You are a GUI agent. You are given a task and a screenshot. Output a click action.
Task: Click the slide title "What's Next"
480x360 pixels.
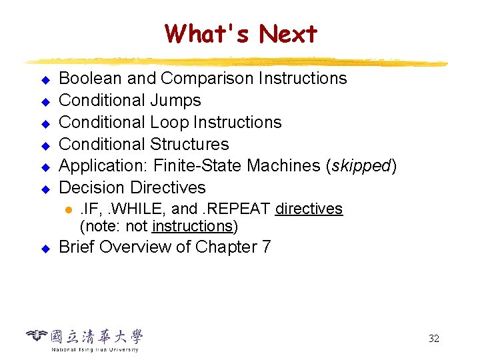click(x=241, y=33)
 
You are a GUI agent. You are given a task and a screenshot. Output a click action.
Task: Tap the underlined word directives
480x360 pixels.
click(x=309, y=209)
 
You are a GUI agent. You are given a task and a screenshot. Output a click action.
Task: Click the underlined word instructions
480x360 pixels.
click(x=192, y=226)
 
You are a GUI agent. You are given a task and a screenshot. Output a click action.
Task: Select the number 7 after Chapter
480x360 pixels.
click(x=267, y=247)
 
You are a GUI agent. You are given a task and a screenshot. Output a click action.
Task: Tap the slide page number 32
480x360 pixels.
click(x=433, y=339)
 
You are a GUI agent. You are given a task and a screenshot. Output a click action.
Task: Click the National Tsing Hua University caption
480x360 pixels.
click(x=95, y=349)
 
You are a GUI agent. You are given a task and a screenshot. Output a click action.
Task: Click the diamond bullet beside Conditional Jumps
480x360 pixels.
click(x=45, y=102)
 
